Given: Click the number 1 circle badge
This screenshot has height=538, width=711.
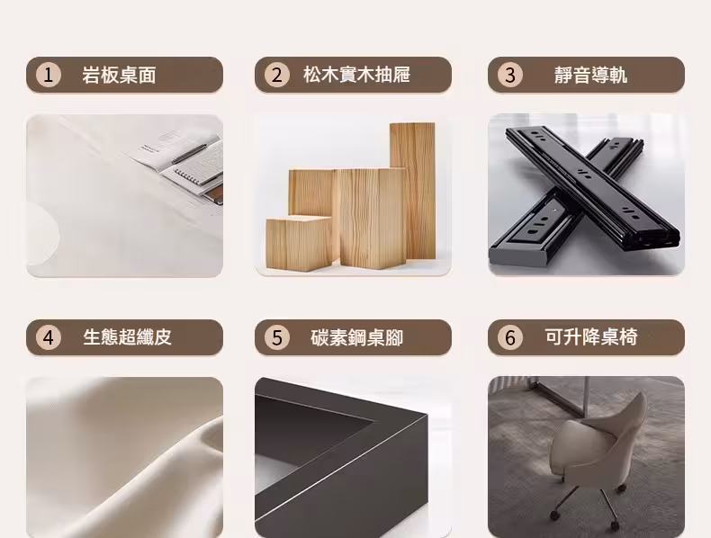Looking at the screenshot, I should point(48,75).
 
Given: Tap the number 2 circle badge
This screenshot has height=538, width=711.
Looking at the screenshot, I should point(277,75).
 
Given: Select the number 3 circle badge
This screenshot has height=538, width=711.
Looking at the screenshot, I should point(510,75).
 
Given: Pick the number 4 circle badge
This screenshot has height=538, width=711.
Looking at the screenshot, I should point(48,337).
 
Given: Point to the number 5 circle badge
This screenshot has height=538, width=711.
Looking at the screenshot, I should point(277,337).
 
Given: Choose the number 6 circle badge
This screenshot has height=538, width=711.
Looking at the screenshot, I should point(510,337).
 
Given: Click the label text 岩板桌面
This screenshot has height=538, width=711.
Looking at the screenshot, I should point(119,75).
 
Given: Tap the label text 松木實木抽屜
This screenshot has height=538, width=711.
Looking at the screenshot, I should point(356,75).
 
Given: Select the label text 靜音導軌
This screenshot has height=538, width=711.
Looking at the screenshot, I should point(590,75).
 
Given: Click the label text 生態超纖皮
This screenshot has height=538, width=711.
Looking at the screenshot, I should point(127,337).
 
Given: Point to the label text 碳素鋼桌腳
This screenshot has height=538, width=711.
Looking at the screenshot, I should point(357,337).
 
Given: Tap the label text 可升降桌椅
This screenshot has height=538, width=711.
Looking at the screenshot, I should point(590,337).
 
